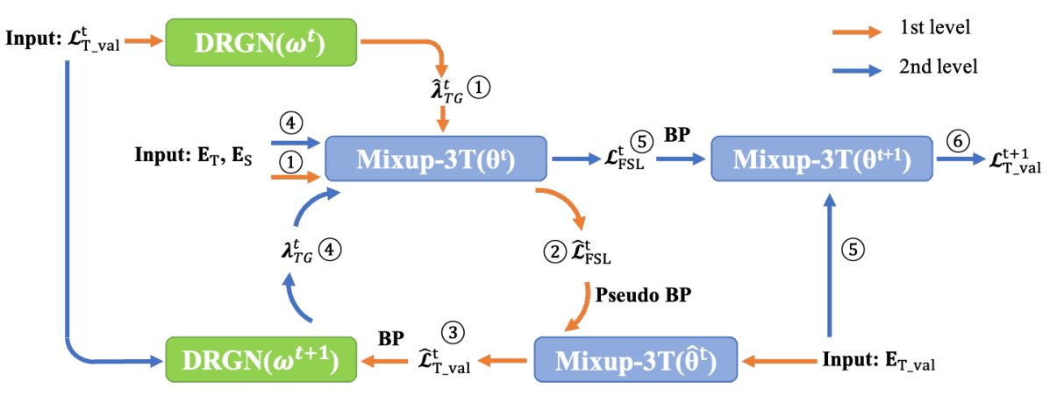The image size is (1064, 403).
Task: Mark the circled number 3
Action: [x=453, y=332]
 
